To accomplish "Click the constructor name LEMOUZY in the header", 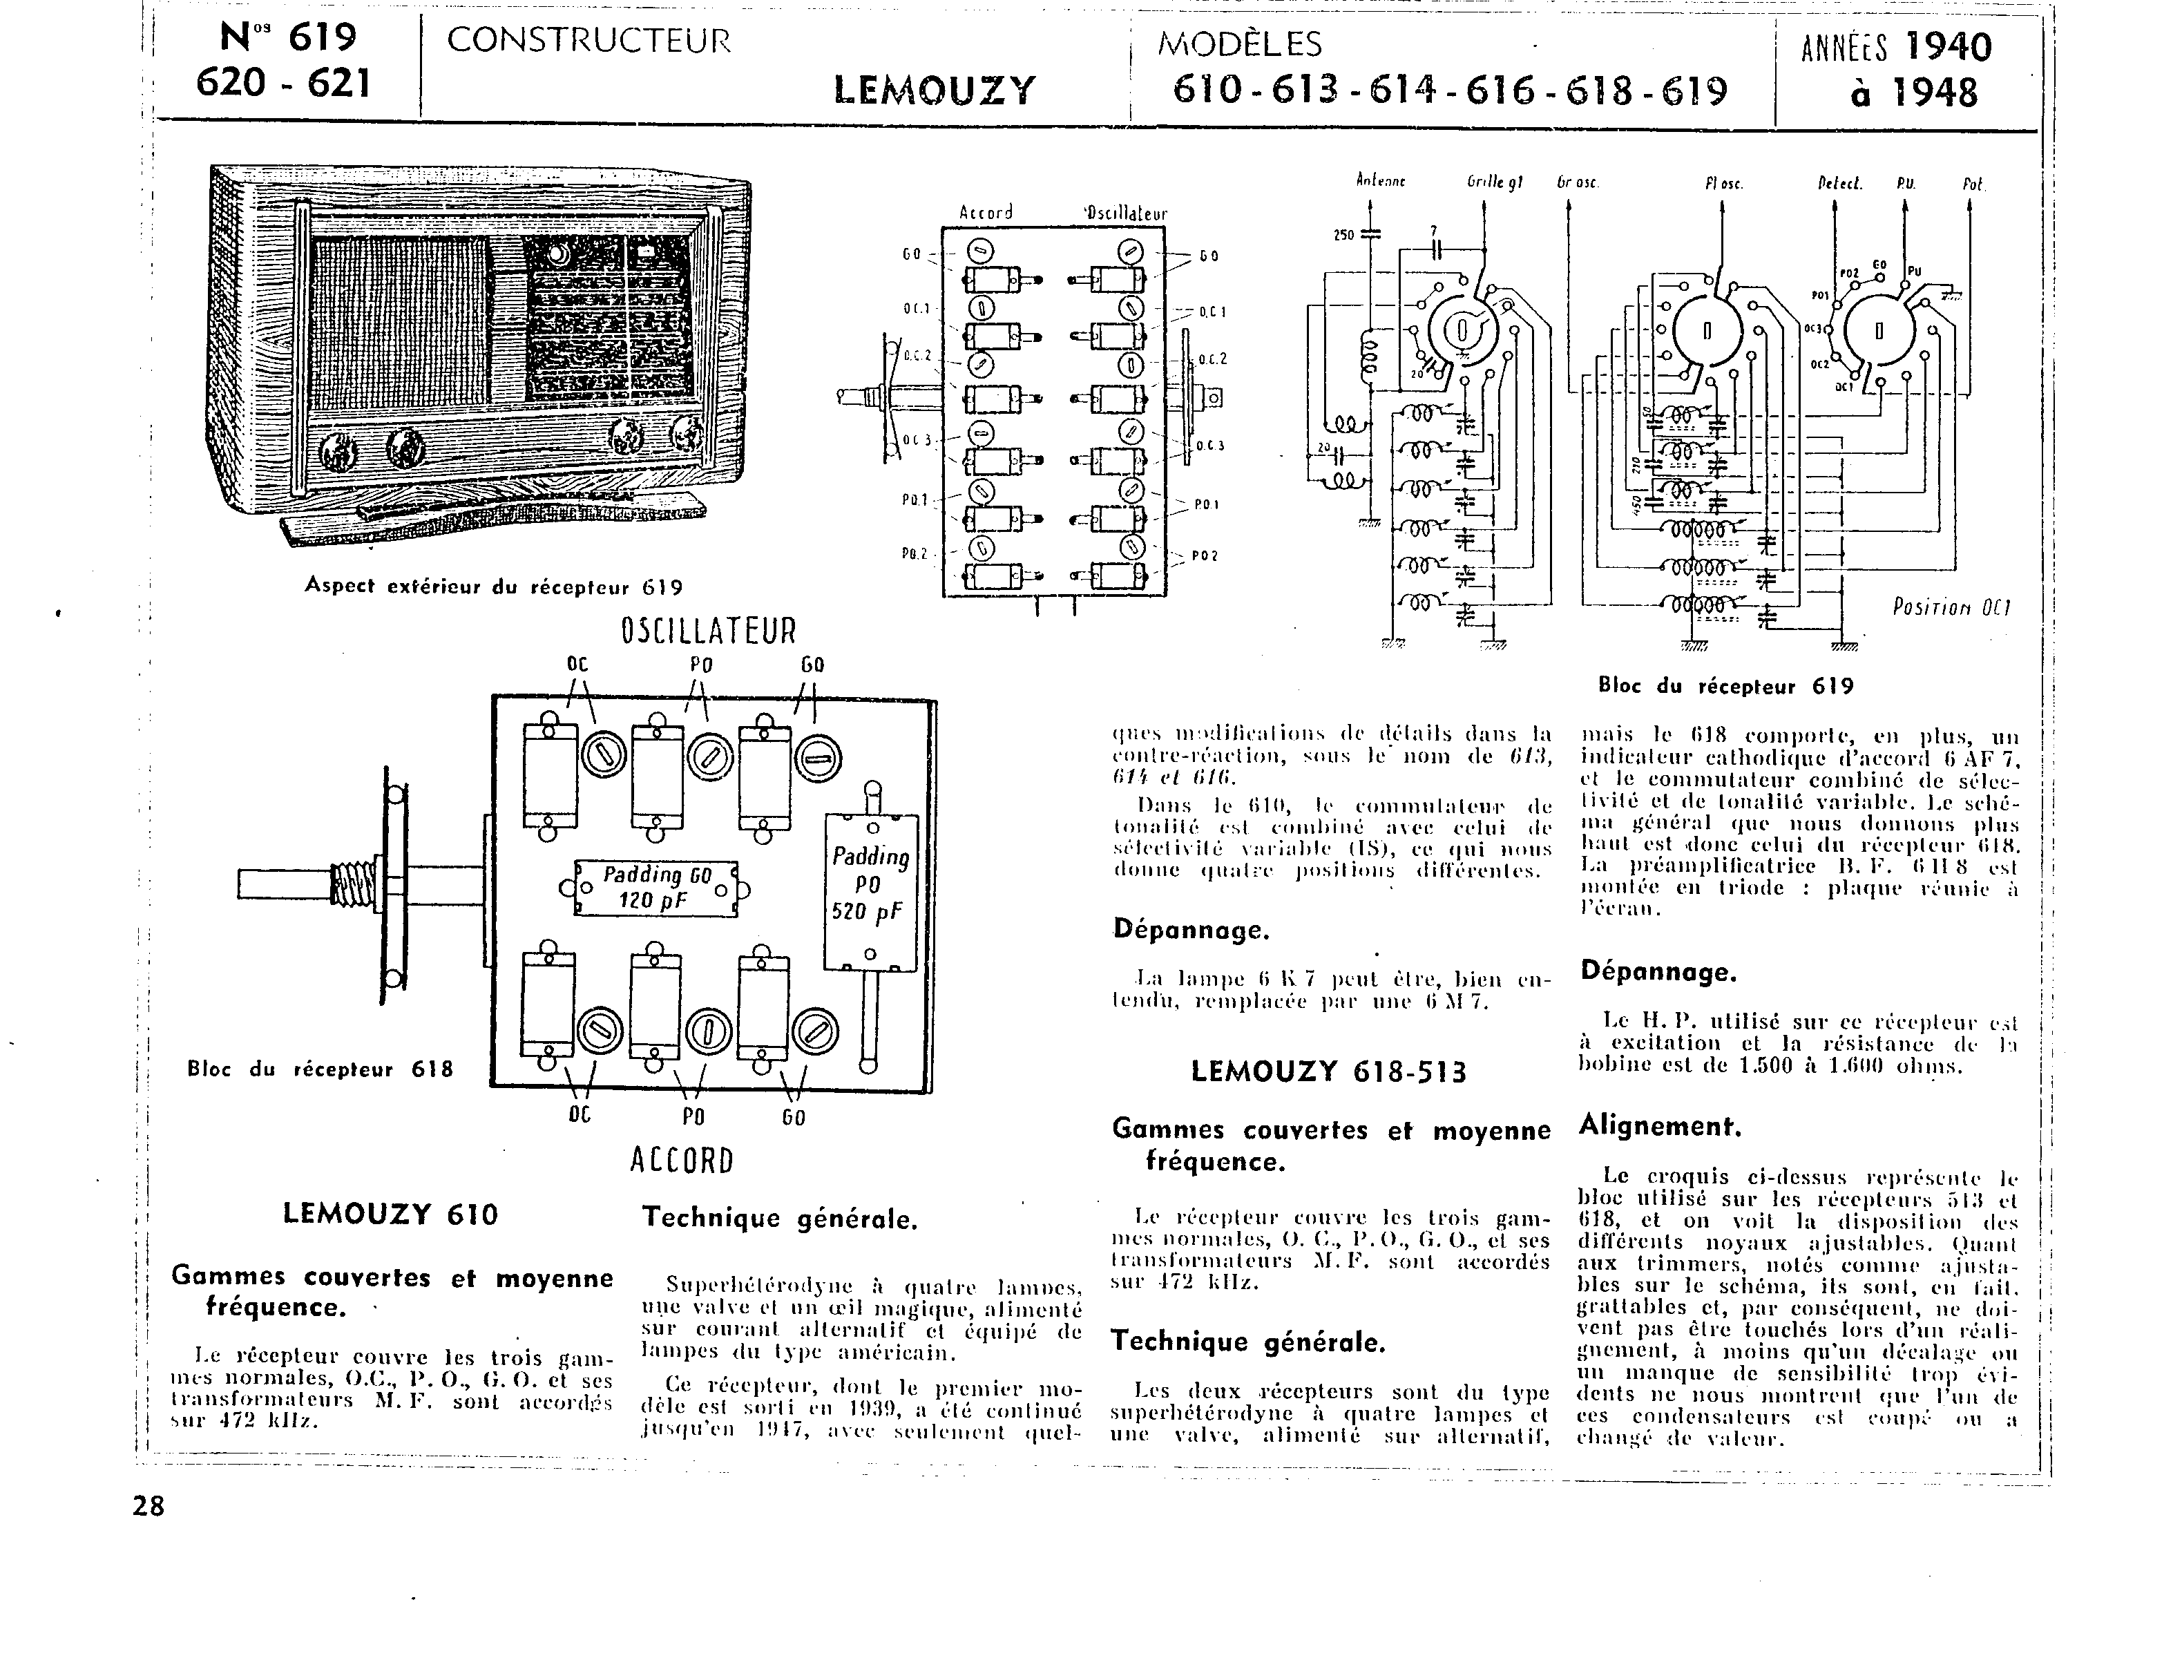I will pyautogui.click(x=935, y=90).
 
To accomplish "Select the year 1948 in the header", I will pyautogui.click(x=1915, y=94).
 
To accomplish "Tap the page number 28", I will pyautogui.click(x=149, y=1506).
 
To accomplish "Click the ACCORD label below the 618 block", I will pyautogui.click(x=682, y=1161).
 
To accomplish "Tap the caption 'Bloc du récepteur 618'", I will pyautogui.click(x=320, y=1069).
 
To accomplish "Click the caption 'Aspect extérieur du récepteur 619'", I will pyautogui.click(x=493, y=587).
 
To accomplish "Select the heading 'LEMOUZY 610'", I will pyautogui.click(x=391, y=1214).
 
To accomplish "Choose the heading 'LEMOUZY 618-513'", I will pyautogui.click(x=1328, y=1071).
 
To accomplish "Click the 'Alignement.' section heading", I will pyautogui.click(x=1660, y=1125).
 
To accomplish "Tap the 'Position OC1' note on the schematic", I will pyautogui.click(x=1951, y=607).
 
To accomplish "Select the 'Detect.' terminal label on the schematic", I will pyautogui.click(x=1839, y=182).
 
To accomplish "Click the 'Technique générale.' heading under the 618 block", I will pyautogui.click(x=780, y=1218).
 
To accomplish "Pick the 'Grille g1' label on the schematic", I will pyautogui.click(x=1494, y=182).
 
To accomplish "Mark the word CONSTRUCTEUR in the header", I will pyautogui.click(x=589, y=41).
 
